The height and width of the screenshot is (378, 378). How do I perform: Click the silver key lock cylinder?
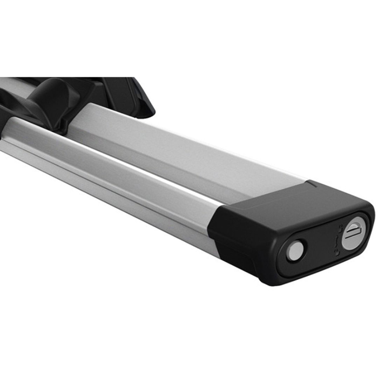(354, 233)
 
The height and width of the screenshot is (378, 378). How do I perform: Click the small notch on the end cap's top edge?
(312, 184)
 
